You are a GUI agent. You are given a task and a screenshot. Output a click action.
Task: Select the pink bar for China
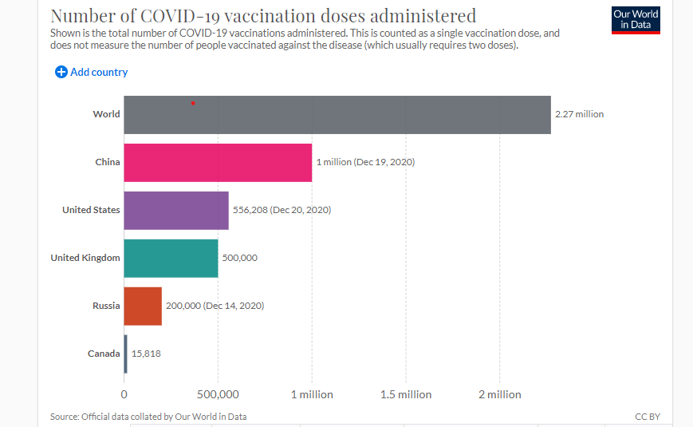click(218, 162)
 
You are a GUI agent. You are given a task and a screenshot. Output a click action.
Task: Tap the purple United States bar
click(176, 210)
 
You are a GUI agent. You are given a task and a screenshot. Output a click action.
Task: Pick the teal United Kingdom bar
click(171, 258)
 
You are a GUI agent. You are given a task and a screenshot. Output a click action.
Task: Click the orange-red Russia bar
click(143, 306)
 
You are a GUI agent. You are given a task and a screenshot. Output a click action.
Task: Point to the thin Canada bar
click(125, 354)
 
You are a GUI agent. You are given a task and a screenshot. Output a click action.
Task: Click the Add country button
click(92, 72)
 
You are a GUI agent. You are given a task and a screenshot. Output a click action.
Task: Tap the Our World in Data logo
click(636, 20)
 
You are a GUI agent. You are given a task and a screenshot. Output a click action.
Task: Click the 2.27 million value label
click(579, 114)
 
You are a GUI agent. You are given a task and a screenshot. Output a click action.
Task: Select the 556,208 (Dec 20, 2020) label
click(282, 210)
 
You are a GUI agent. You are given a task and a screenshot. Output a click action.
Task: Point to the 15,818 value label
click(146, 354)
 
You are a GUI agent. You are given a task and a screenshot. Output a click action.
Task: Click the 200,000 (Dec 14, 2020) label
click(215, 306)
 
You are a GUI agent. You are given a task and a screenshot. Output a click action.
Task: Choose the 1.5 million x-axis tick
click(405, 394)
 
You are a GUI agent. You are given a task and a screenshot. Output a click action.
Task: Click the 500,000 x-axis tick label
click(218, 394)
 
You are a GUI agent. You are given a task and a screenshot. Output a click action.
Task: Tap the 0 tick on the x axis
click(124, 394)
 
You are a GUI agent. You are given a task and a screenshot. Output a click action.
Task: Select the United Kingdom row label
click(85, 258)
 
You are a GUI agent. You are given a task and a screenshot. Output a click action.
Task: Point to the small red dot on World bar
click(193, 103)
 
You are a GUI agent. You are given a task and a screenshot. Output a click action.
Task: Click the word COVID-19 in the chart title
click(177, 15)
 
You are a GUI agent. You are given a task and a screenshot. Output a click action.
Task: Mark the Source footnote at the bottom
click(148, 417)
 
